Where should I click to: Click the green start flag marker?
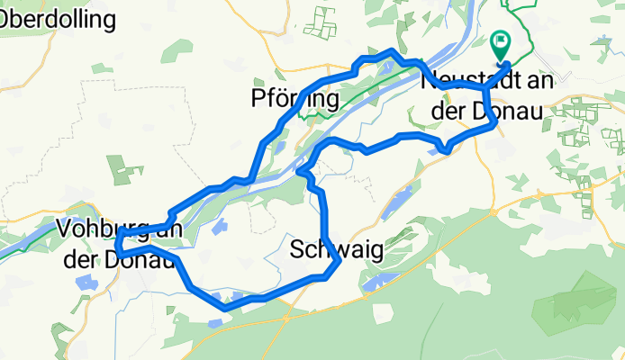(500, 43)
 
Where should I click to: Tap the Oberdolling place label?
(59, 18)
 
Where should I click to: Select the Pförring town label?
(294, 98)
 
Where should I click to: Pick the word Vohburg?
(95, 229)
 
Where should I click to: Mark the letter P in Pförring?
(259, 98)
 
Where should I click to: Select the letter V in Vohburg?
(62, 229)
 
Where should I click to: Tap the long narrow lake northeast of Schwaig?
(396, 202)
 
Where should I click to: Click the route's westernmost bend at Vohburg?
(118, 241)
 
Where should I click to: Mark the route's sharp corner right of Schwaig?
(338, 262)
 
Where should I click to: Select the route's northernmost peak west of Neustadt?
(389, 53)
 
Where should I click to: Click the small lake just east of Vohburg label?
(215, 227)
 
